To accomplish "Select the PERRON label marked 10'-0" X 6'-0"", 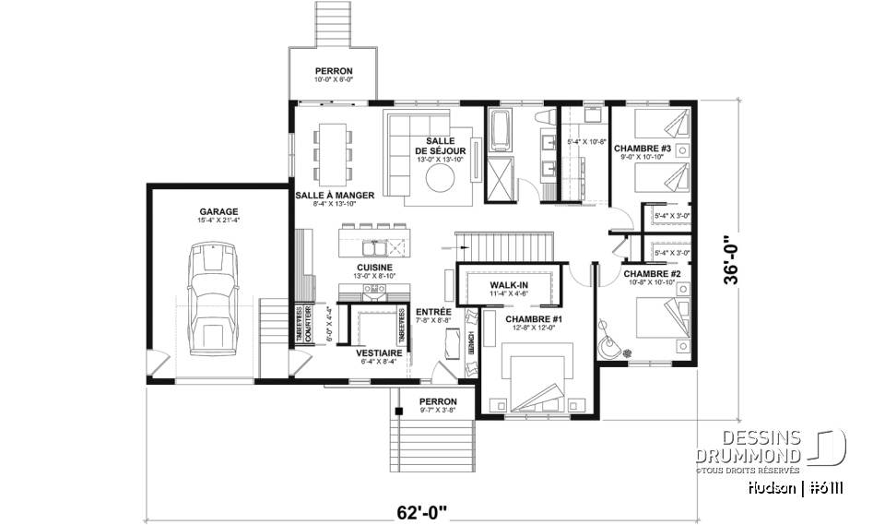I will click(x=333, y=71).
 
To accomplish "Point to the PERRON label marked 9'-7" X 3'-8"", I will click(x=438, y=401).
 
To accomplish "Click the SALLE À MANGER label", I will click(x=335, y=195).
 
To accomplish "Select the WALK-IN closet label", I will click(x=508, y=286).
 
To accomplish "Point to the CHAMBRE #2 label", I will click(x=651, y=274).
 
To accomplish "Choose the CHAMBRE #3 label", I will click(x=643, y=148).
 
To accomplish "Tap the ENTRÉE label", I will click(x=432, y=312).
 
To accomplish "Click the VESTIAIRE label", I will click(x=378, y=352).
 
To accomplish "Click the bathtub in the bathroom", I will click(x=501, y=132).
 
